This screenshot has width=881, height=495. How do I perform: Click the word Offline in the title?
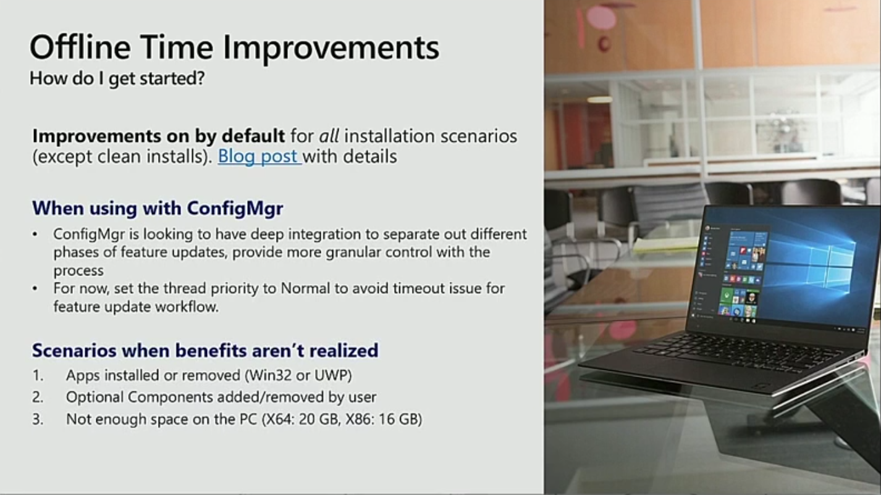click(80, 47)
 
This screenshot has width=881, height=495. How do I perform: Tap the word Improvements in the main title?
click(331, 48)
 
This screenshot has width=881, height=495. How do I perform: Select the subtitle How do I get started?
click(117, 78)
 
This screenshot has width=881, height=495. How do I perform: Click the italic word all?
click(329, 136)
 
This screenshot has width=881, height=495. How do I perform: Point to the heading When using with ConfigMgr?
click(158, 208)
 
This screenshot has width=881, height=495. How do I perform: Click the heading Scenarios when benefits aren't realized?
click(205, 351)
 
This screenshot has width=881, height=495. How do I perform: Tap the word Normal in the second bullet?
click(305, 288)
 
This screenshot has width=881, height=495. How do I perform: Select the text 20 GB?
click(319, 419)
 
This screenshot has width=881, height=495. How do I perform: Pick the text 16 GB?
click(398, 419)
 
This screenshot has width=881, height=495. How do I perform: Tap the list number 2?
click(37, 397)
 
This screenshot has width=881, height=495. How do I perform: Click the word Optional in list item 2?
click(95, 397)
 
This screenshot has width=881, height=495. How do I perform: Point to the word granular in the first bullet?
click(353, 252)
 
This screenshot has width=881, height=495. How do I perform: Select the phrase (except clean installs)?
click(122, 157)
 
